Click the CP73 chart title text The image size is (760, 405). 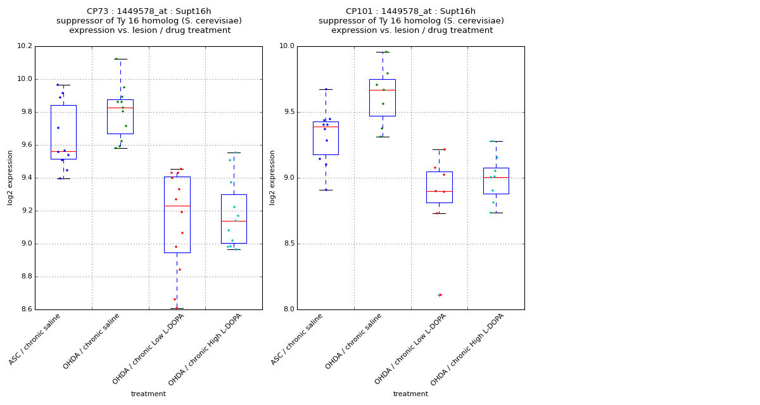point(149,21)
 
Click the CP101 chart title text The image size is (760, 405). point(411,21)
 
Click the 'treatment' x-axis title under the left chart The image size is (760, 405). point(148,394)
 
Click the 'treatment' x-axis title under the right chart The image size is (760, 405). point(410,394)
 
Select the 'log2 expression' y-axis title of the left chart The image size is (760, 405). point(10,177)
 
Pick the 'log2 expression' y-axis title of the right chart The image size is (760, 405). point(272,177)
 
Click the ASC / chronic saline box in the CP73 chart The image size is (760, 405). point(63,132)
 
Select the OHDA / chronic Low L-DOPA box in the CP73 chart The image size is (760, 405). point(177,215)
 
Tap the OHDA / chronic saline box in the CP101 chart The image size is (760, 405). point(383,97)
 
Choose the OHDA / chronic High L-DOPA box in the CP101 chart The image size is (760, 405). point(496,181)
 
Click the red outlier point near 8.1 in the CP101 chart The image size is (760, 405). point(440,295)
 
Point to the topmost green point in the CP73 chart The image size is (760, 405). point(117,59)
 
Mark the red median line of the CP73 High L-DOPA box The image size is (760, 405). point(234,221)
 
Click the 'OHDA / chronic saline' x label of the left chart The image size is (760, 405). point(92,342)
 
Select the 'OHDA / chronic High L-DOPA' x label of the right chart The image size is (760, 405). point(467,349)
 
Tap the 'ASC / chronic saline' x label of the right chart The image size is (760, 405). point(298,339)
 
